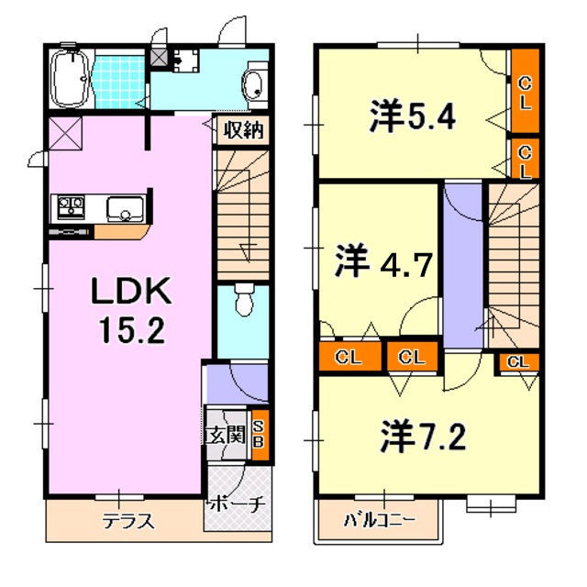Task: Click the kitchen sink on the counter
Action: pyautogui.click(x=120, y=210)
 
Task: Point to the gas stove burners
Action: pyautogui.click(x=72, y=205)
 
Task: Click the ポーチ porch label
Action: pyautogui.click(x=238, y=503)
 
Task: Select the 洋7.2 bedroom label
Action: pyautogui.click(x=423, y=433)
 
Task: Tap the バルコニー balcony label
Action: pyautogui.click(x=379, y=520)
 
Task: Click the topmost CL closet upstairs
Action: pyautogui.click(x=525, y=93)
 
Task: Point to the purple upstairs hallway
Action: pyautogui.click(x=462, y=266)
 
